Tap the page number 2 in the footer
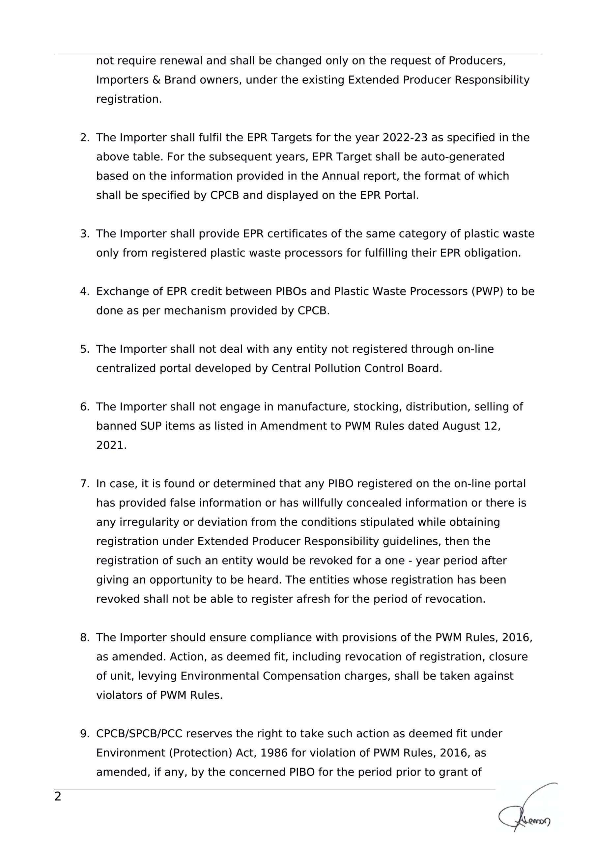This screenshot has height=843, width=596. [58, 796]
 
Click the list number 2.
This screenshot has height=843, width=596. [84, 138]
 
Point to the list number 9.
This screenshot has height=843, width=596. [84, 734]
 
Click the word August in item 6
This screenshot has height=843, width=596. [459, 426]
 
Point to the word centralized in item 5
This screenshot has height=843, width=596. [126, 368]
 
